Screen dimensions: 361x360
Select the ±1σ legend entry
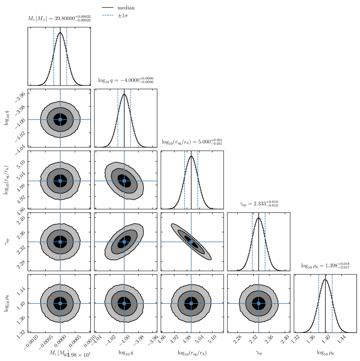tap(124, 16)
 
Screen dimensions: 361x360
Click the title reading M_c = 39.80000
tap(59, 19)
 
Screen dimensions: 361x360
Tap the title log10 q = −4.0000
tap(126, 81)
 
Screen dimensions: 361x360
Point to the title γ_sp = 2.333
tap(259, 204)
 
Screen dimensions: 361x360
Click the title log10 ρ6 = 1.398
tap(325, 266)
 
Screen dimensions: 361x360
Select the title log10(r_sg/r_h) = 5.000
tap(192, 142)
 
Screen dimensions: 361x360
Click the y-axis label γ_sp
tap(7, 241)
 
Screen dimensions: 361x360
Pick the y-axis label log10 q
tap(7, 119)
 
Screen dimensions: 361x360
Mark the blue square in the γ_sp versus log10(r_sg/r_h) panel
tap(191, 242)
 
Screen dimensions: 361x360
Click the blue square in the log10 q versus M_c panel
tap(60, 119)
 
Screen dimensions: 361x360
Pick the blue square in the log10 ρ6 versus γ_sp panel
tap(259, 304)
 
